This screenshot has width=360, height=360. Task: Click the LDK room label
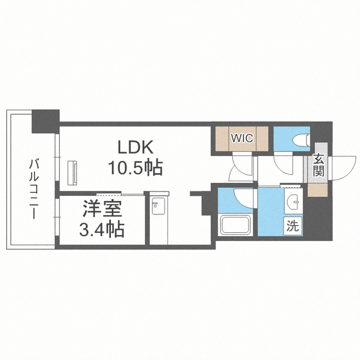(135, 147)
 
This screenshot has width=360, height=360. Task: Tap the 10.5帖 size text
(136, 168)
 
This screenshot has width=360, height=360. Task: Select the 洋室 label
(102, 209)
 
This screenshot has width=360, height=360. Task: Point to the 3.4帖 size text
(102, 229)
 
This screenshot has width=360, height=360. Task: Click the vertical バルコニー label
(34, 189)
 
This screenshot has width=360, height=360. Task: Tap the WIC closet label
(242, 138)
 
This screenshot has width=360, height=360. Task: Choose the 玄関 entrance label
(319, 166)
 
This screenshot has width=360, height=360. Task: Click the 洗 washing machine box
(293, 226)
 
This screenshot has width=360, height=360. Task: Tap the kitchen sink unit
(158, 206)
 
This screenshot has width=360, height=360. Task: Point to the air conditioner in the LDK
(73, 173)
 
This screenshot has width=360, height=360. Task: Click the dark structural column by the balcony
(46, 121)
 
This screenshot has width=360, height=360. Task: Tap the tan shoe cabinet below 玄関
(317, 190)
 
